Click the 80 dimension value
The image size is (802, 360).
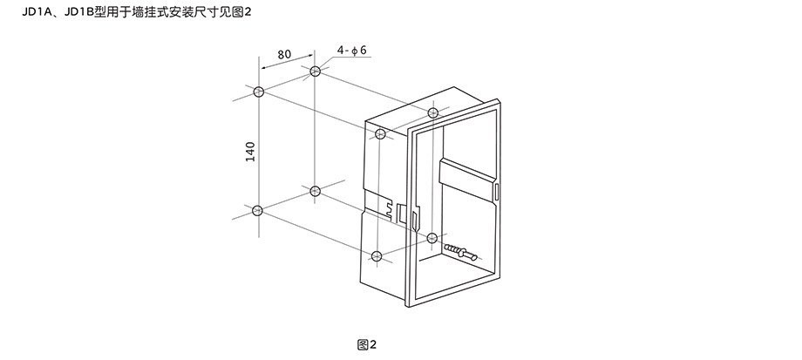(x=283, y=54)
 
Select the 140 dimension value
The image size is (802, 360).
(x=251, y=151)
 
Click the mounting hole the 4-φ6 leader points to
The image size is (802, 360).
(x=315, y=70)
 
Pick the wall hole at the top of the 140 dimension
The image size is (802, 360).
(x=257, y=92)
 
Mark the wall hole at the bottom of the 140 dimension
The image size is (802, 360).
(x=257, y=210)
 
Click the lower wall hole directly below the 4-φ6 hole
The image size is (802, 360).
(x=315, y=190)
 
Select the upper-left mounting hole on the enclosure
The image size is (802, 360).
(x=380, y=134)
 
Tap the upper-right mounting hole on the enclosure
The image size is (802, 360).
(x=433, y=112)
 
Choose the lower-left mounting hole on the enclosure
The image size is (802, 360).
(x=377, y=255)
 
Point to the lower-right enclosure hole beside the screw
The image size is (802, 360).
(x=433, y=236)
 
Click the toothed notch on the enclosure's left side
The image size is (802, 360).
(x=386, y=207)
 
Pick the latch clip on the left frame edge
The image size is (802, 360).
(x=401, y=213)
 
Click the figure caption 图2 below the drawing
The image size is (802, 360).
(x=365, y=344)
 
